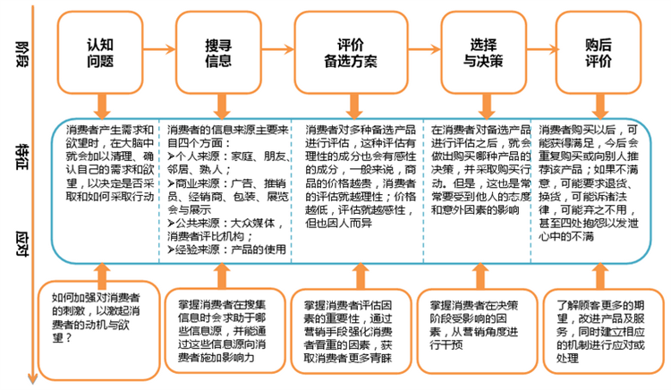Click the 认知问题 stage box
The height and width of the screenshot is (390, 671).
pyautogui.click(x=100, y=52)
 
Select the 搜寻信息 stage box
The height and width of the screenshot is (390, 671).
pyautogui.click(x=218, y=52)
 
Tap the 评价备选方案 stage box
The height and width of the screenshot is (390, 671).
pyautogui.click(x=351, y=52)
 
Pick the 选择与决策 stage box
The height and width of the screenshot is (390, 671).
pyautogui.click(x=483, y=52)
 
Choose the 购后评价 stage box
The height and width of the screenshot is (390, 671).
pyautogui.click(x=599, y=52)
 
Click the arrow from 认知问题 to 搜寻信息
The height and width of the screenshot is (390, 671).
pyautogui.click(x=159, y=49)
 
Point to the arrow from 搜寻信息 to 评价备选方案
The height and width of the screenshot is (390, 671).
pyautogui.click(x=277, y=49)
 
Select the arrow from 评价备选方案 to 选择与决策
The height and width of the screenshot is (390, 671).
pyautogui.click(x=424, y=49)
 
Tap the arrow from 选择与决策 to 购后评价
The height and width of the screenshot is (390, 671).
pyautogui.click(x=541, y=49)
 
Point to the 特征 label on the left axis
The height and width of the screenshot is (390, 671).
pyautogui.click(x=22, y=157)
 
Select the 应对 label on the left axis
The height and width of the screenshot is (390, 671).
pyautogui.click(x=22, y=244)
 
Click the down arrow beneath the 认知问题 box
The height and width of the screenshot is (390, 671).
pyautogui.click(x=102, y=106)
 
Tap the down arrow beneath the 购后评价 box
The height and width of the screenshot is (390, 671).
pyautogui.click(x=600, y=106)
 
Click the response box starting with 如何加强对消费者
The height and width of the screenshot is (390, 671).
pyautogui.click(x=99, y=330)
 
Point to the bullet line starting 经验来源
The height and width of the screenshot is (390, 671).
pyautogui.click(x=227, y=250)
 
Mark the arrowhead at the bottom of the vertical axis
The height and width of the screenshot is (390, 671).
pyautogui.click(x=32, y=379)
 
